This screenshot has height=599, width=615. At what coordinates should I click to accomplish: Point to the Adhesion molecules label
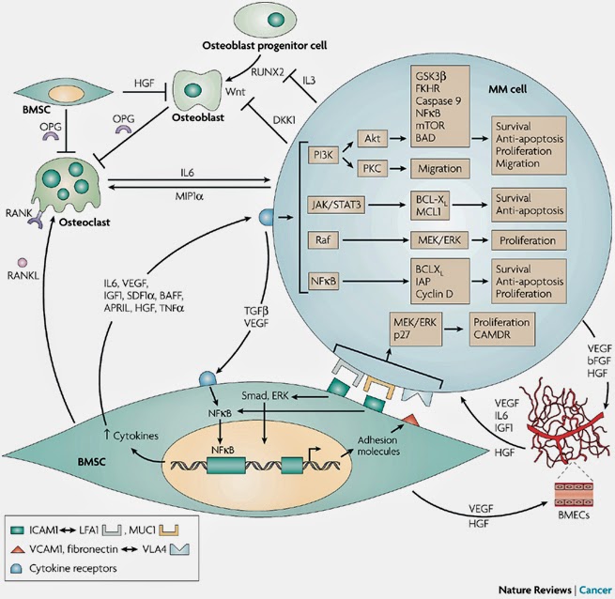(x=378, y=444)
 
